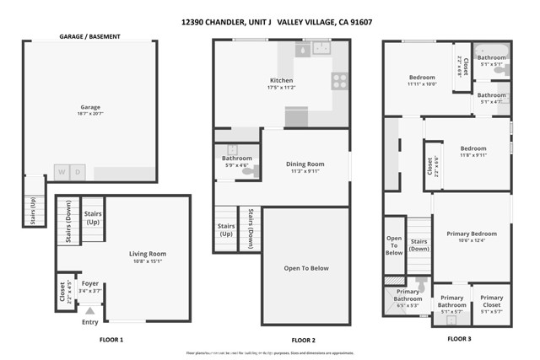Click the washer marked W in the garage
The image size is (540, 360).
coord(62,172)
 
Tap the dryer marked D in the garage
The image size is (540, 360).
coord(78,172)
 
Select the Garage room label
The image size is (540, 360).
coord(90,107)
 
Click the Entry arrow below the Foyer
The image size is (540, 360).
coord(90,311)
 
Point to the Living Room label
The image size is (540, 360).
coord(148,253)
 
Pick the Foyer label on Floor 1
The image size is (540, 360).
coord(89,284)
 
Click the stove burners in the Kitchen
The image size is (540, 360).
coord(339,81)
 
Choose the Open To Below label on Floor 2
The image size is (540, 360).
coord(305,268)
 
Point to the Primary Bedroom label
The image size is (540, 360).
coord(472,234)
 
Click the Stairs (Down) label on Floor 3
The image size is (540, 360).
coord(419,244)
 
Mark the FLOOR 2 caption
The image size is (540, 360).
coord(303,340)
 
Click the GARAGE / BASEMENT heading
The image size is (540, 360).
coord(90,37)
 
